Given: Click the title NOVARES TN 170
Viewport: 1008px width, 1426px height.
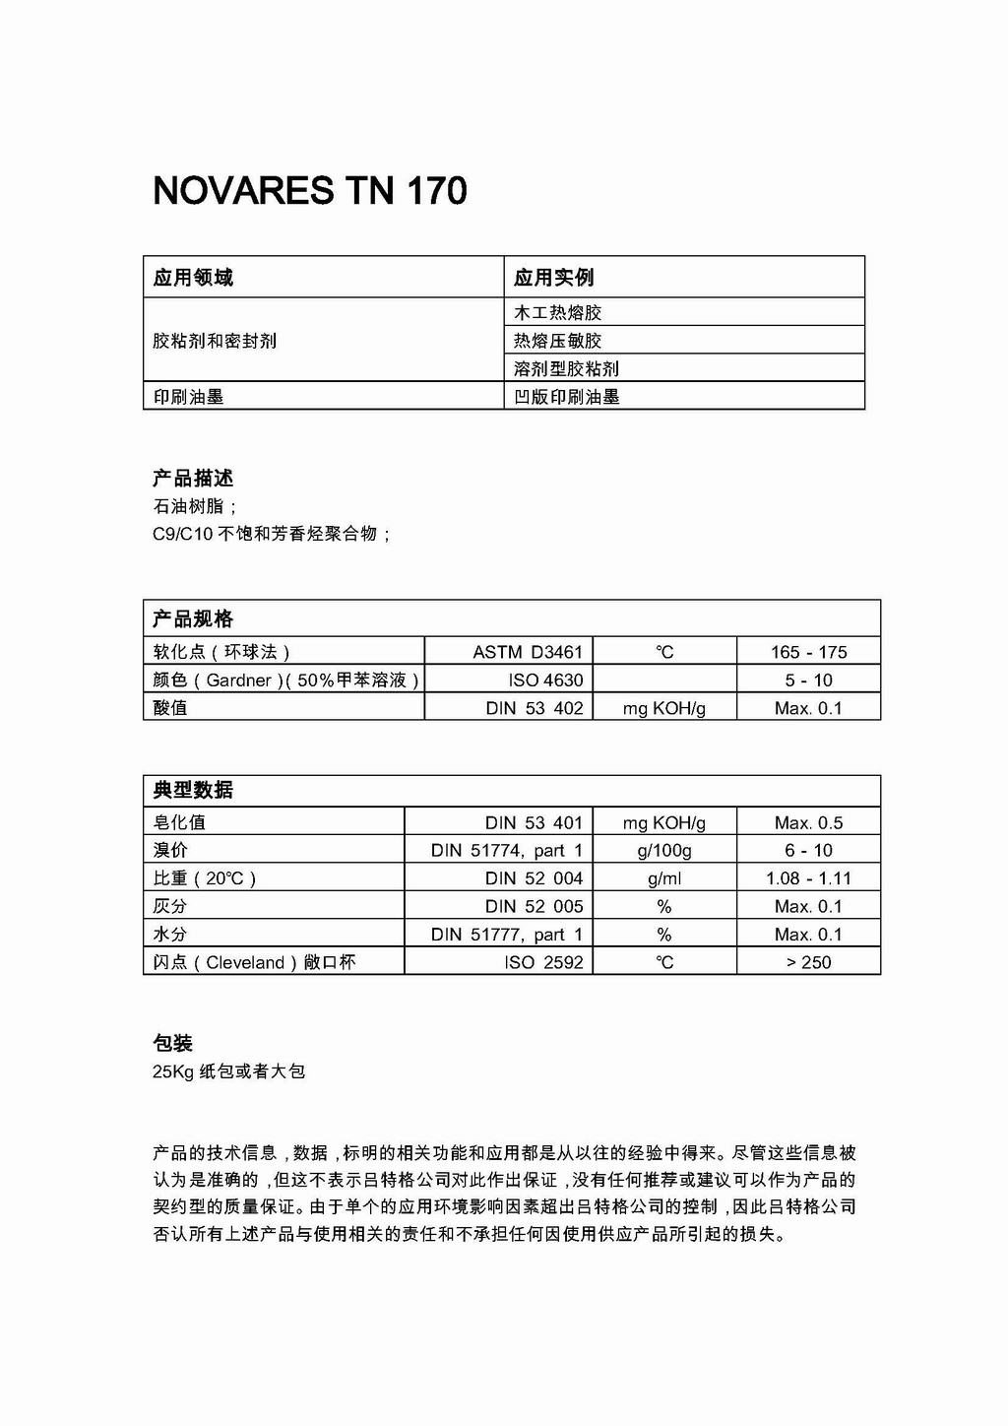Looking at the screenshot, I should (309, 190).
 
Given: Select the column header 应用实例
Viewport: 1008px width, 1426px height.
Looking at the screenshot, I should (553, 278).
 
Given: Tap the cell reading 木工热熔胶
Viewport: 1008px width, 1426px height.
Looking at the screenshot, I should (557, 313).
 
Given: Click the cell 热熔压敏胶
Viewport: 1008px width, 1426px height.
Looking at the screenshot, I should (557, 341).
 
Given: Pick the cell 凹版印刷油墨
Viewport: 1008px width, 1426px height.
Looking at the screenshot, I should (567, 397).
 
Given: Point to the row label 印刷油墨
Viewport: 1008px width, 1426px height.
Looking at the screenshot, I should (188, 397).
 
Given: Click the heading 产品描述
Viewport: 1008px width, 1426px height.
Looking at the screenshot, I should (193, 479).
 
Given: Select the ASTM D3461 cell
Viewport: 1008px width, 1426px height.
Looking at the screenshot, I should (528, 652).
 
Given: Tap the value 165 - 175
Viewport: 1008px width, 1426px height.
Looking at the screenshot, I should (808, 652).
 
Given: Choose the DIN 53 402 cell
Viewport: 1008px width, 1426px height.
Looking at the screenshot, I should (534, 708).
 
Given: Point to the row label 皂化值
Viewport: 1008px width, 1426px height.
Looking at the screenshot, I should (179, 822).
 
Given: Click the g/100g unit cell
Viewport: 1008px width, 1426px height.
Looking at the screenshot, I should (664, 850).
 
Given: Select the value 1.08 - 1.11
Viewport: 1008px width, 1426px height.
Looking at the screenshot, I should (808, 878).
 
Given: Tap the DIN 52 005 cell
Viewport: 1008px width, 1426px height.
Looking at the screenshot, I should (534, 906).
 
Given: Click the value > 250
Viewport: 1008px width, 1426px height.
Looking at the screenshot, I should (808, 962).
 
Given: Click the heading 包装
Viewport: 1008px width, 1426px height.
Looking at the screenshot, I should (172, 1043).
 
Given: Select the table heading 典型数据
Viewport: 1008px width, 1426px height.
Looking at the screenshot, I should (193, 790).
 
